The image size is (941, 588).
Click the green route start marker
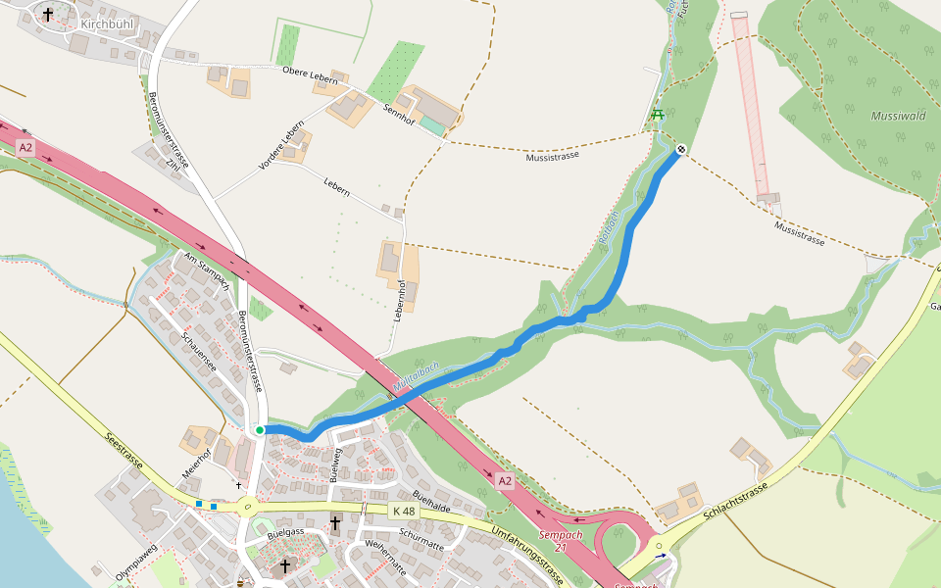(260, 429)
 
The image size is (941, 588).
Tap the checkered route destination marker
(680, 149)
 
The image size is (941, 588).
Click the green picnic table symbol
(657, 115)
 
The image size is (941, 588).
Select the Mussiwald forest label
(898, 116)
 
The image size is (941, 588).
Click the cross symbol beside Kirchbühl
(47, 15)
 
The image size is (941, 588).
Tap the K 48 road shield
(403, 512)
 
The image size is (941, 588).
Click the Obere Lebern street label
(309, 72)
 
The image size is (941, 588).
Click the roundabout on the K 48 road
(246, 507)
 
